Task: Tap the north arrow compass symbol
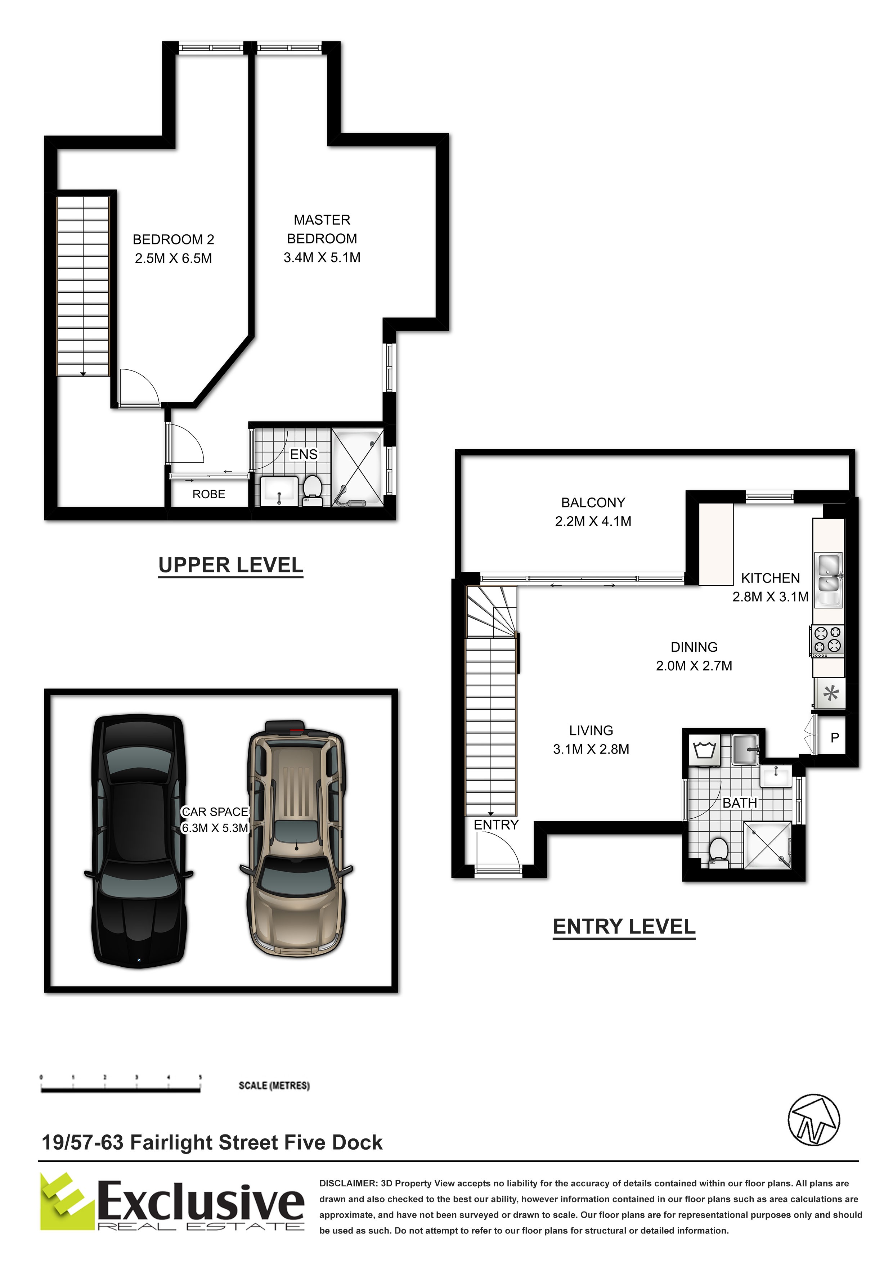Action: pos(814,1119)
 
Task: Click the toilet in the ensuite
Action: pos(313,490)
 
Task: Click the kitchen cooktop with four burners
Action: pos(827,641)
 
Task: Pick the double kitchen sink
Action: pos(829,573)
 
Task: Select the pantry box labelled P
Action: pos(834,738)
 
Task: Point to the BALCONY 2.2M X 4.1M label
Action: pos(593,512)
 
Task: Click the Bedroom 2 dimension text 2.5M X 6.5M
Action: pos(173,258)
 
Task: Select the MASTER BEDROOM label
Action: pos(322,229)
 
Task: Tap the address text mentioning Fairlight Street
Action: pos(212,1142)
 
